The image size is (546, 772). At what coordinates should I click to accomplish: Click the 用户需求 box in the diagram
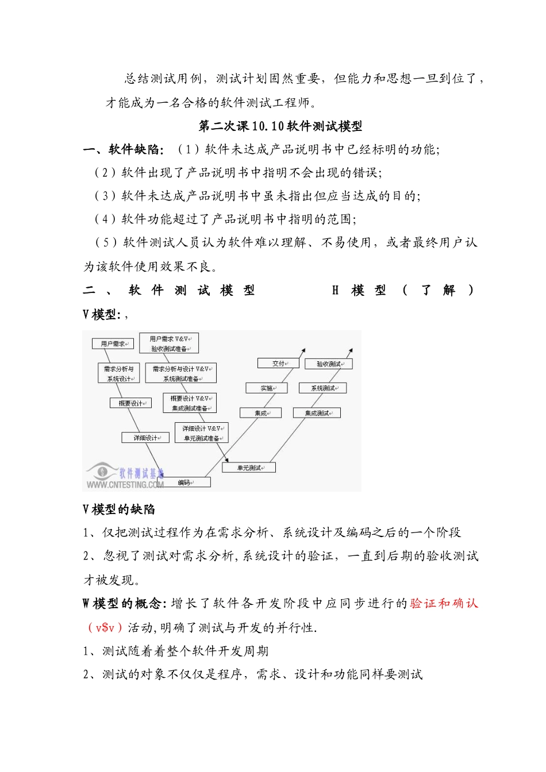click(113, 343)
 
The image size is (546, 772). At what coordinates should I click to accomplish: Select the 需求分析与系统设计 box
click(119, 373)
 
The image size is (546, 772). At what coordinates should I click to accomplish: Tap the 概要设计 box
click(131, 403)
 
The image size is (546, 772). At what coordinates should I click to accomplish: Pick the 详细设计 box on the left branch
click(145, 438)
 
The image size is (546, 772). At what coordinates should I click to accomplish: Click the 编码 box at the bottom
click(184, 482)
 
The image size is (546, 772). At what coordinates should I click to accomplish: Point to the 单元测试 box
click(249, 468)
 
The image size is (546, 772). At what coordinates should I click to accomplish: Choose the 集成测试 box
click(317, 413)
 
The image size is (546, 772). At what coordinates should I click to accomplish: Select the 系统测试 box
click(323, 388)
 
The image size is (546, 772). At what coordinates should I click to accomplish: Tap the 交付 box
click(278, 363)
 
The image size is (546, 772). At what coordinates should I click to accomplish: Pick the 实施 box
click(267, 388)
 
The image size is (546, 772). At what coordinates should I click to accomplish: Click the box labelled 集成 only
click(261, 413)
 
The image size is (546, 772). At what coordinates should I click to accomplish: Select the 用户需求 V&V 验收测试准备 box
click(169, 343)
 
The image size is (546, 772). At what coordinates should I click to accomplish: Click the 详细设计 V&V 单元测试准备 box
click(202, 433)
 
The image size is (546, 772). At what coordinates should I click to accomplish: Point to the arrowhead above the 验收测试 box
click(351, 350)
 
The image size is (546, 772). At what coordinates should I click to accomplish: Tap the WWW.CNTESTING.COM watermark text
click(125, 485)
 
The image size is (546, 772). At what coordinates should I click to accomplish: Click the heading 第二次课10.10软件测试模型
click(280, 126)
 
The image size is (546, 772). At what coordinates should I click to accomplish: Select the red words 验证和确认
click(444, 603)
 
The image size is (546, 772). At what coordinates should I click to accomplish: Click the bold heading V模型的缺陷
click(119, 509)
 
